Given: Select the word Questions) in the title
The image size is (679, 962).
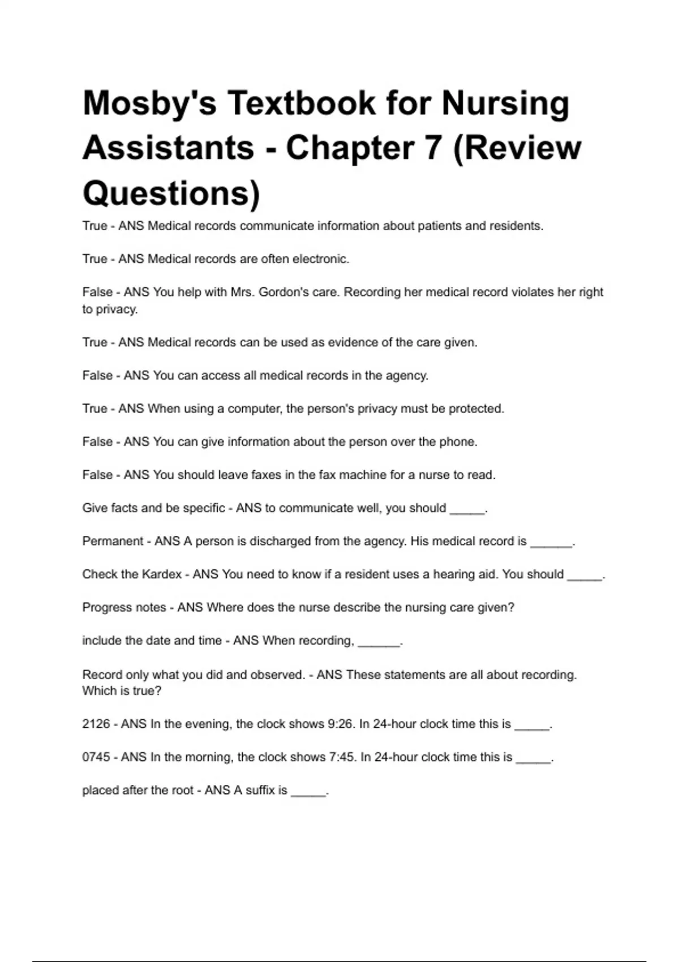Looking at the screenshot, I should coord(171,193).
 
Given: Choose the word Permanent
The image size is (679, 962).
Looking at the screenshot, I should coord(112,541).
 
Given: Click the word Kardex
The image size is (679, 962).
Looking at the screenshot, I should coord(161,574).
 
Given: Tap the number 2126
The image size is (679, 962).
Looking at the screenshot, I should coord(96,724).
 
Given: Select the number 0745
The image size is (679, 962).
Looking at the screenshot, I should coord(96,757).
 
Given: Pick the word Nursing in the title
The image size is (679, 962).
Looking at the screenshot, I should coord(505,104).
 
